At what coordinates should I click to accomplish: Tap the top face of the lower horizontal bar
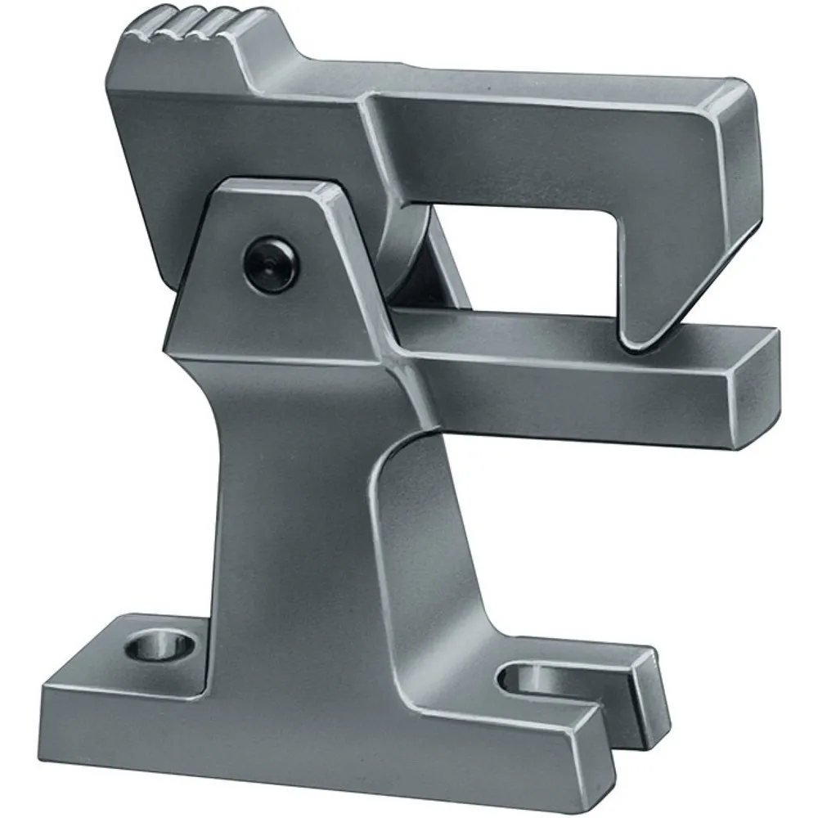573,335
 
